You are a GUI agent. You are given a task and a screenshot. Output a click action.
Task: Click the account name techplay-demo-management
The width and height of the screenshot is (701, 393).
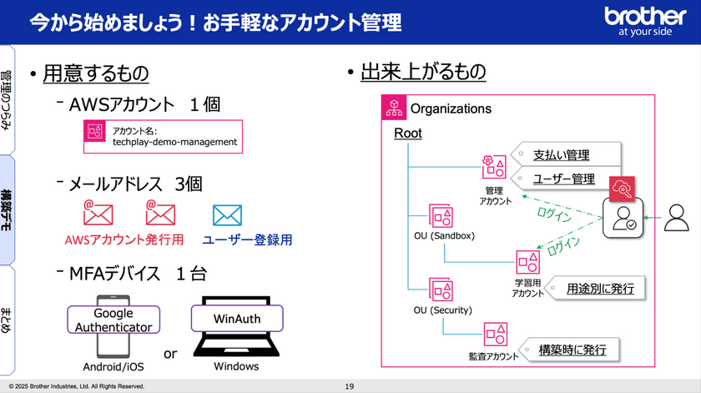tap(174, 142)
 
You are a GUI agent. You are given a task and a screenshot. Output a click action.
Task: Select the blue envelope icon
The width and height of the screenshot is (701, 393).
tap(227, 215)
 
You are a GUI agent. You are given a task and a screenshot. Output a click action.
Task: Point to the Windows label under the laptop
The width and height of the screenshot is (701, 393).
tap(237, 366)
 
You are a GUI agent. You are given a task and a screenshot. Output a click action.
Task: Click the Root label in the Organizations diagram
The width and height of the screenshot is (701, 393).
tap(408, 134)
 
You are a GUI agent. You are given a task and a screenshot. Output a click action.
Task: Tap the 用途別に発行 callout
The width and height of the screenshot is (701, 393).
tap(600, 289)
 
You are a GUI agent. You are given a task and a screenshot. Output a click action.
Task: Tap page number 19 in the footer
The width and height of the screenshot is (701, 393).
tap(350, 386)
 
